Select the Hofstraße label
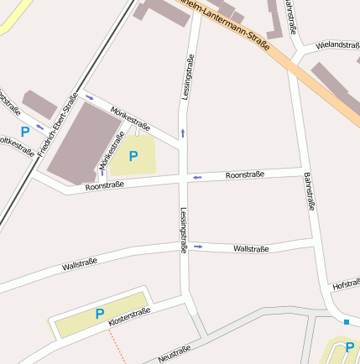(346, 285)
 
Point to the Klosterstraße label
(130, 316)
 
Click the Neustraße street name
(175, 353)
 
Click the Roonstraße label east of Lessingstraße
(245, 174)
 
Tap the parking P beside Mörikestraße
(133, 155)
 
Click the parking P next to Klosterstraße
(99, 315)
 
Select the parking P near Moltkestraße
(24, 132)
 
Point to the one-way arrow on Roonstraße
(198, 177)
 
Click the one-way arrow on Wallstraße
(199, 247)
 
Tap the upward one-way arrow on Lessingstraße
(183, 133)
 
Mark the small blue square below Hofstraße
(346, 321)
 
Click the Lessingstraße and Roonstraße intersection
(184, 178)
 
